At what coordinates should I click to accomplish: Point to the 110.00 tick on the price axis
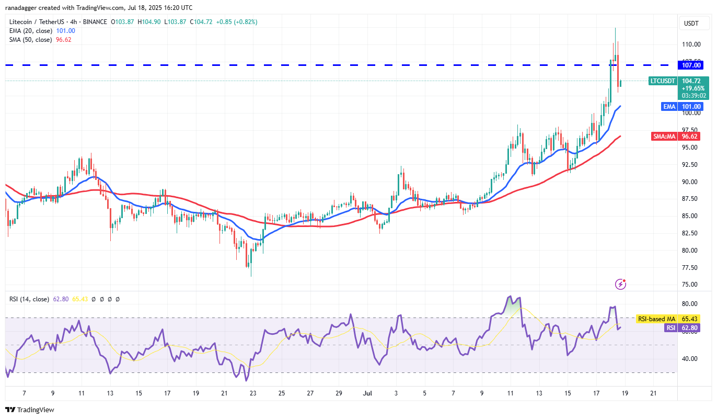692,44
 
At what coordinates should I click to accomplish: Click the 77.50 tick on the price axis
691,267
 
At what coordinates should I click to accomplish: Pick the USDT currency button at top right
691,24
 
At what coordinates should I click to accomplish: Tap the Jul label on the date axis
367,393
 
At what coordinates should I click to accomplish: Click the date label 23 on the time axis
253,393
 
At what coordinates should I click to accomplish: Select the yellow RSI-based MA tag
657,319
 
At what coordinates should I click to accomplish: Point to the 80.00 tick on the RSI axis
691,304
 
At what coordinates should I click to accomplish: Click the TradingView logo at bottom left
30,410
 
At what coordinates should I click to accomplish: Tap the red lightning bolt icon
620,284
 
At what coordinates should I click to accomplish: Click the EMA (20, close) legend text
30,31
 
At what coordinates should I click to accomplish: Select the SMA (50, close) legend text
30,39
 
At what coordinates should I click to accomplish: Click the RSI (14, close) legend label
29,299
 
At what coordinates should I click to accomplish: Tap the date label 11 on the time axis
81,393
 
